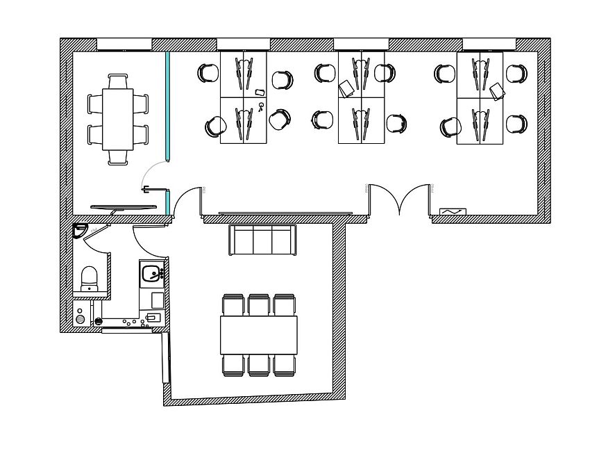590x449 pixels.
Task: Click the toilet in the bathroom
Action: coord(90,278)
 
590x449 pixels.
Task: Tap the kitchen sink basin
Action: coord(150,274)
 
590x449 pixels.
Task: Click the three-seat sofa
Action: coord(262,240)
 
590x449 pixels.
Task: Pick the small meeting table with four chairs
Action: coord(118,119)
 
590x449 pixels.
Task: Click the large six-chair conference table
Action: coord(259,335)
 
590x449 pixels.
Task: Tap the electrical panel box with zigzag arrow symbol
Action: coord(453,211)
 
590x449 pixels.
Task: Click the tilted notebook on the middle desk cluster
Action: coord(346,88)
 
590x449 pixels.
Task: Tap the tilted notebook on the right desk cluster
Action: coord(497,91)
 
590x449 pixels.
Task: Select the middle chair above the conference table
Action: coord(259,304)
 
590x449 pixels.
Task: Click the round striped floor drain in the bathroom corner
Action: coord(81,319)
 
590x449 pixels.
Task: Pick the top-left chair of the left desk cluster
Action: coord(208,73)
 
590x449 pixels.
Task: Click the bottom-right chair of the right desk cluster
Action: coord(516,124)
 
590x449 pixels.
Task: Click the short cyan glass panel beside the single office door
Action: coord(167,203)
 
